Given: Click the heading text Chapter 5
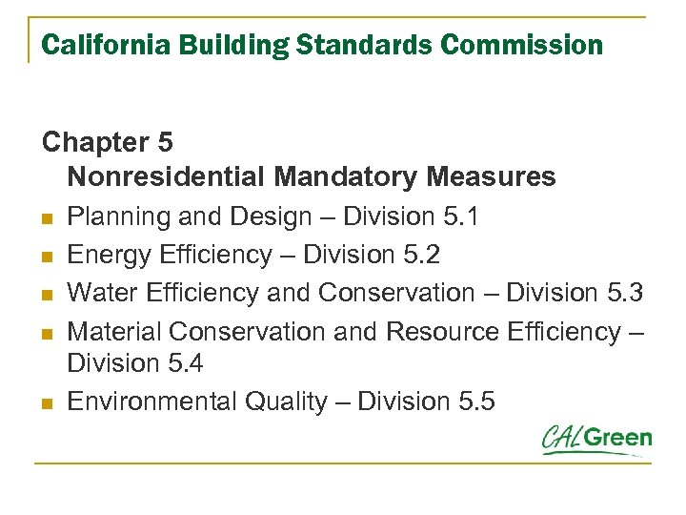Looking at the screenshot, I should pos(108,142).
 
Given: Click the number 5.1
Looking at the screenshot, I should pos(461,216).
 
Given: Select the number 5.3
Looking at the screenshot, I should pos(625,293).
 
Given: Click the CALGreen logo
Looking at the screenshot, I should pos(596,440).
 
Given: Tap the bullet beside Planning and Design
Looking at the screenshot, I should pos(48,218).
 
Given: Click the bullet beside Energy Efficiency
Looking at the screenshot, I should pos(48,257).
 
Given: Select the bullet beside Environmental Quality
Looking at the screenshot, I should pos(48,403).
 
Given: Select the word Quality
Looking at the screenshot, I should pos(284,402).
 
